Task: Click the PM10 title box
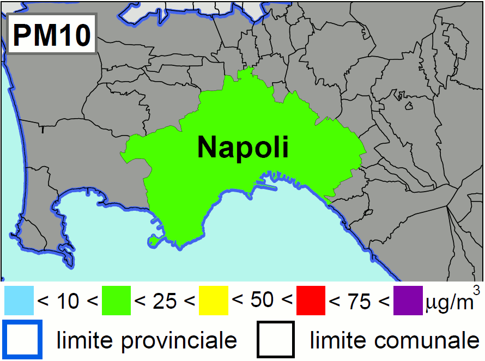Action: pyautogui.click(x=52, y=35)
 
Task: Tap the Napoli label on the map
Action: pyautogui.click(x=242, y=147)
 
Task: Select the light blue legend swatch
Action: pyautogui.click(x=19, y=301)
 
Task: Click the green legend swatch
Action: pyautogui.click(x=116, y=301)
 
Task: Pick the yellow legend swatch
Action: pyautogui.click(x=214, y=301)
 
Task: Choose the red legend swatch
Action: pyautogui.click(x=311, y=301)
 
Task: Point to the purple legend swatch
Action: pyautogui.click(x=408, y=301)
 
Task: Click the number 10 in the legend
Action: pyautogui.click(x=68, y=301)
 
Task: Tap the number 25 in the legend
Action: pyautogui.click(x=165, y=301)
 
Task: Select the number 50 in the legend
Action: pyautogui.click(x=262, y=300)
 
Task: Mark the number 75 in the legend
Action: pyautogui.click(x=359, y=301)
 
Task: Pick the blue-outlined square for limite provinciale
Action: pyautogui.click(x=22, y=340)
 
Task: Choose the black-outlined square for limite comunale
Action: pyautogui.click(x=276, y=340)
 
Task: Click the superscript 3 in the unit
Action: pyautogui.click(x=477, y=290)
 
